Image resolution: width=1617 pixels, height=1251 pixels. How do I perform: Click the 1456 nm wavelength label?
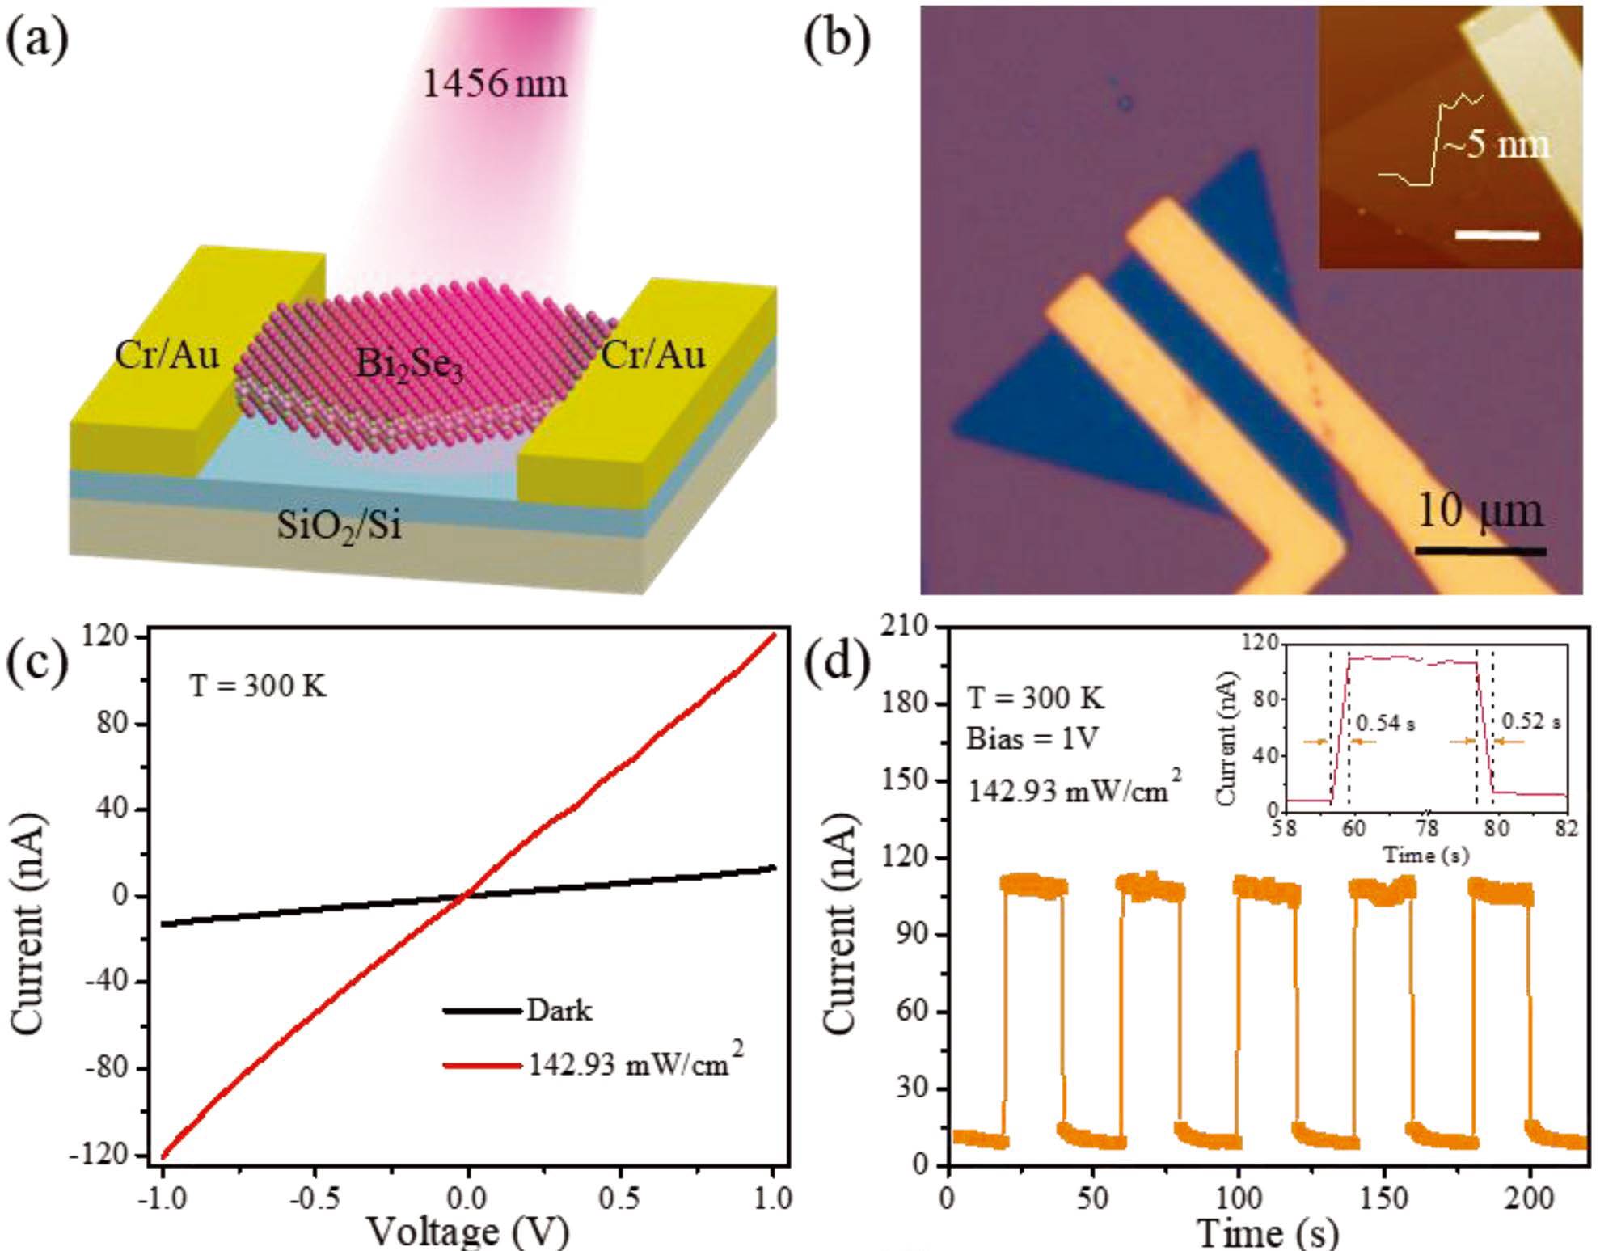[495, 83]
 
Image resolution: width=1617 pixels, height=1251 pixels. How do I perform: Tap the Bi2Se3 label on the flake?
[409, 366]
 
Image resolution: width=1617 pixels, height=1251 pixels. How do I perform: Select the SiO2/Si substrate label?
[339, 526]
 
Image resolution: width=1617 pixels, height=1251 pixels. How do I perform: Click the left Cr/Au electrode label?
[167, 354]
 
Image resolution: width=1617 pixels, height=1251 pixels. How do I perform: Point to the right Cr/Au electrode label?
[653, 354]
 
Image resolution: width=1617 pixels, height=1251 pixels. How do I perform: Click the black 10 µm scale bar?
[1480, 552]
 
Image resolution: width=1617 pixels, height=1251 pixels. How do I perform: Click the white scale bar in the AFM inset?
[1497, 235]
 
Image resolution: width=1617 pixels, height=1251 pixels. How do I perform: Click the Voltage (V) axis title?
[468, 1232]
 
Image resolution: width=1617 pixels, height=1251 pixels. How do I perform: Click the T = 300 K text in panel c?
[258, 687]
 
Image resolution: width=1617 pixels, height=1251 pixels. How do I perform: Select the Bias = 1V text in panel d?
[1032, 737]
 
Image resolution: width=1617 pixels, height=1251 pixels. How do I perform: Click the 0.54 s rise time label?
[1385, 722]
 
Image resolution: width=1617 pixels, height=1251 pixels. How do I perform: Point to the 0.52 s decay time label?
[1530, 721]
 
